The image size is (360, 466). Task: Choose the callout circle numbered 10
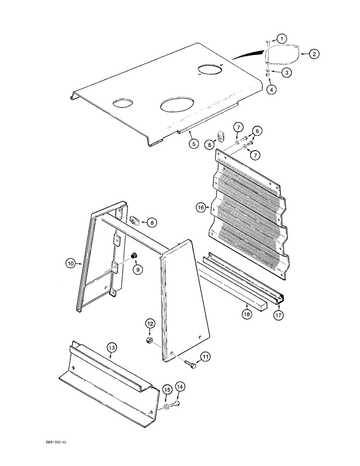click(x=70, y=263)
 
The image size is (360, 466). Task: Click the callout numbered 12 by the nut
click(x=150, y=323)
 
